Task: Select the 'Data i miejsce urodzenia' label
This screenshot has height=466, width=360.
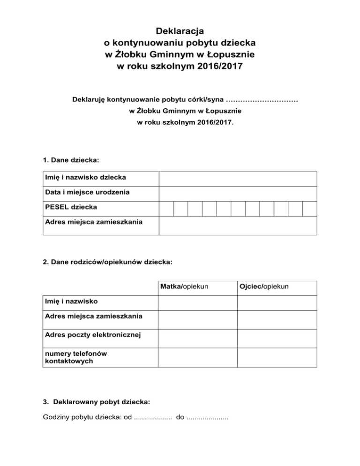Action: [87, 192]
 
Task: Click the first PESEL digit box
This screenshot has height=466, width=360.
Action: [166, 209]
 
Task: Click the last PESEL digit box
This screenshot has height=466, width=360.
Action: [309, 209]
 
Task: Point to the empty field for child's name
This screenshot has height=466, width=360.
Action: [238, 179]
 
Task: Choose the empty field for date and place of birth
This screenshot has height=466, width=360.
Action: [238, 193]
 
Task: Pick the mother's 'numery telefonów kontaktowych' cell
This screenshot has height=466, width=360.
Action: [197, 357]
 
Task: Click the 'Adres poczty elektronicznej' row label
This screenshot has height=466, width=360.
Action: [92, 334]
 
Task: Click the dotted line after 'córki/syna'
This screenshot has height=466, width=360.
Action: [262, 100]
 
